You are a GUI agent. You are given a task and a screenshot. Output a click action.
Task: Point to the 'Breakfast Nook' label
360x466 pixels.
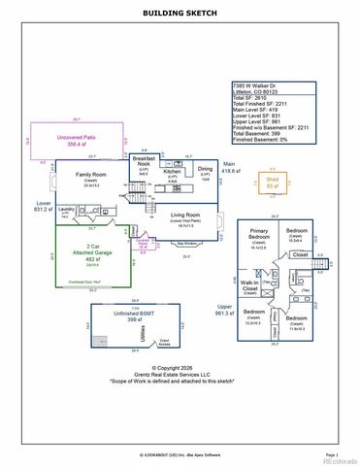pyautogui.click(x=145, y=162)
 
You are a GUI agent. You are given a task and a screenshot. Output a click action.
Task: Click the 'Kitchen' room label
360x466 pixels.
pyautogui.click(x=173, y=173)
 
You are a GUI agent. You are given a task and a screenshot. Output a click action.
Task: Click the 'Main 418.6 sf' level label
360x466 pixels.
pyautogui.click(x=230, y=168)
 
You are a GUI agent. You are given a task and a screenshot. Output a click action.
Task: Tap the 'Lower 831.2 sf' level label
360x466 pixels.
pyautogui.click(x=43, y=206)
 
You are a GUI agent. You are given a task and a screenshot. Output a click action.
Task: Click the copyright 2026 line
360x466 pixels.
pyautogui.click(x=180, y=368)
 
